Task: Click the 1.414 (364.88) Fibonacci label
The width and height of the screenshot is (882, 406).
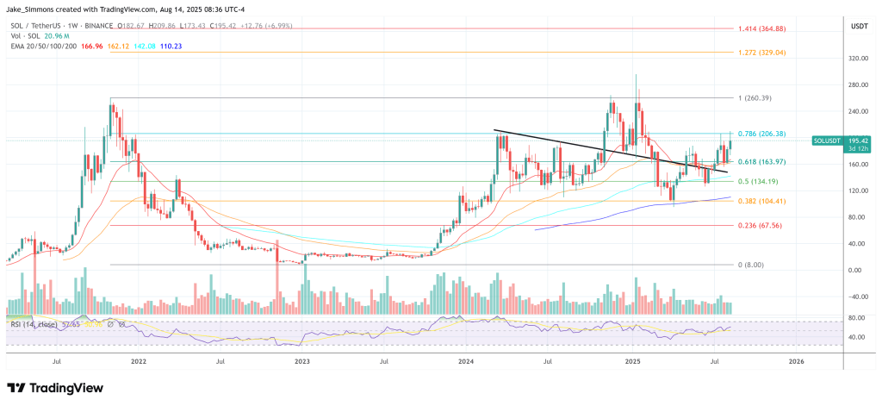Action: tap(761, 29)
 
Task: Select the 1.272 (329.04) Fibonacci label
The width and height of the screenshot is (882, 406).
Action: tap(761, 53)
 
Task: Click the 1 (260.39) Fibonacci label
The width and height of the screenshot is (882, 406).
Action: tap(753, 97)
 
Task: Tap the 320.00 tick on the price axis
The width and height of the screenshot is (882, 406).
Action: tap(856, 59)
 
